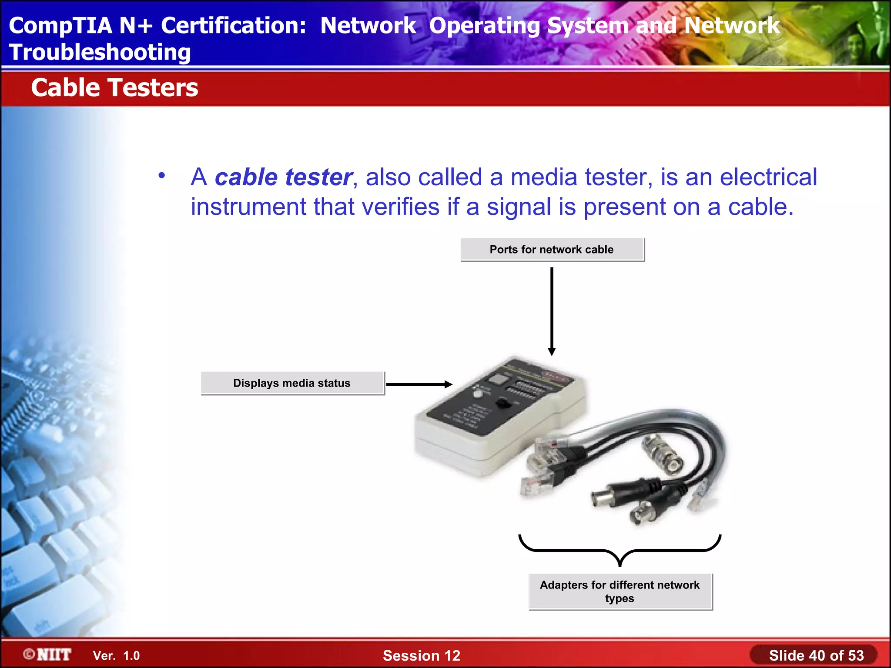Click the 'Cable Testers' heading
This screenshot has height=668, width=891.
coord(114,88)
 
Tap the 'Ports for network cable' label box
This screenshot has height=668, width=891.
coord(552,250)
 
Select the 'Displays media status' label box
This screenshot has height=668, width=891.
coord(292,383)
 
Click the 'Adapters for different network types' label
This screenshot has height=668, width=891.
coord(620,591)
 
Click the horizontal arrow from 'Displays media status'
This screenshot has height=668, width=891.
coord(419,384)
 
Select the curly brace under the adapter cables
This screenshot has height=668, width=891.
coord(620,551)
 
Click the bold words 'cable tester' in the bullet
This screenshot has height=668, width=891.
coord(283,177)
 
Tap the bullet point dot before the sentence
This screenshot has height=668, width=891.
coord(162,176)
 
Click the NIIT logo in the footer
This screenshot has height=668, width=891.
coord(47,655)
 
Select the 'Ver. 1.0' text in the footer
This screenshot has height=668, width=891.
coord(116,656)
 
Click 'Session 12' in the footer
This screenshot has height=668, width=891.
coord(421,655)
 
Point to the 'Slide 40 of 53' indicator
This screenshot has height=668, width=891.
coord(816,655)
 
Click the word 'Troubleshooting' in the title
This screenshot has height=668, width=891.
coord(100,52)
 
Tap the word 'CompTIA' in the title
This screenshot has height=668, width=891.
coord(60,25)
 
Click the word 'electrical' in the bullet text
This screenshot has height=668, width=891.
coord(768,177)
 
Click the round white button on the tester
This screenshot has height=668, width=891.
coord(478,394)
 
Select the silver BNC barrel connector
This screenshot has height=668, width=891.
coord(663,454)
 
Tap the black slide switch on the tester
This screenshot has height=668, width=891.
coord(504,403)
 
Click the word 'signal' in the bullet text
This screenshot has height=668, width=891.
coord(519,207)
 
